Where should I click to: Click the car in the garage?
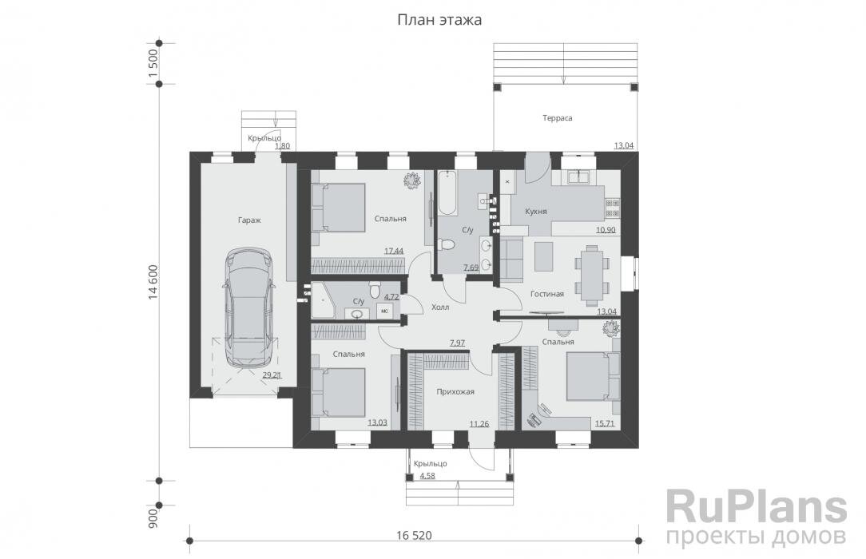(x=248, y=307)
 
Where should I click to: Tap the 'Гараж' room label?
(x=249, y=220)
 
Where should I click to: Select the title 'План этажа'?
(x=439, y=21)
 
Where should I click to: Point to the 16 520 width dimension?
(x=414, y=535)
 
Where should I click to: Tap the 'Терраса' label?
(x=557, y=118)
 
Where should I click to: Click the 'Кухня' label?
(x=536, y=212)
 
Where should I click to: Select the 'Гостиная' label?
(x=546, y=294)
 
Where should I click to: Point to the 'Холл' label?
(x=440, y=307)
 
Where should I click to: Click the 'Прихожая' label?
(x=455, y=392)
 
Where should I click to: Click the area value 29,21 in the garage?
(x=272, y=375)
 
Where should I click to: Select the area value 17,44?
(x=394, y=251)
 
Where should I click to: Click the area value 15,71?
(x=605, y=424)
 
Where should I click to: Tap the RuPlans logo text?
(x=756, y=507)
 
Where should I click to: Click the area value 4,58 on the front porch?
(x=427, y=475)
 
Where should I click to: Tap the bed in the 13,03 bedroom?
(x=339, y=392)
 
